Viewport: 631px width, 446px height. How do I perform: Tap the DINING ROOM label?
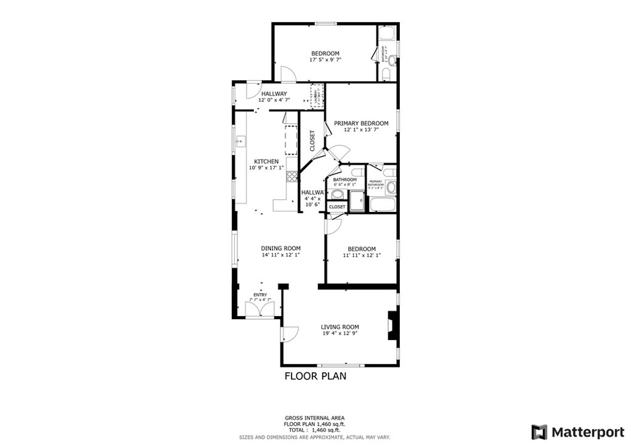point(280,248)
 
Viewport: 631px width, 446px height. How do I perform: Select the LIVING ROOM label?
point(340,327)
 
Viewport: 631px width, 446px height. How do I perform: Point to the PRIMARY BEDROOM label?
point(361,123)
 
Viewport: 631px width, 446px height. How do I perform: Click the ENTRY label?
point(260,295)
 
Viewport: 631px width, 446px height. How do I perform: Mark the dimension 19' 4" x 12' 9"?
point(340,334)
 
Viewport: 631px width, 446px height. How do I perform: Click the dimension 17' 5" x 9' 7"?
point(325,60)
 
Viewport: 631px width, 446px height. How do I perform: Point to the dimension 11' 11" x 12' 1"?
point(360,256)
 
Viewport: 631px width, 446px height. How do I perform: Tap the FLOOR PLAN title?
point(315,376)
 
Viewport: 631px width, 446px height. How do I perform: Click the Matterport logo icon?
point(539,431)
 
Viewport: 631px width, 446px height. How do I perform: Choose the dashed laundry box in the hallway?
point(317,97)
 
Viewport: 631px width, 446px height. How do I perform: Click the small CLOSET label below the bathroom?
point(337,207)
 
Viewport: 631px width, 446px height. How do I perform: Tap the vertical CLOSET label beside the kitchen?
point(312,140)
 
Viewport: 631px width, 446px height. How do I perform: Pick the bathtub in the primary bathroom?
point(382,205)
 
